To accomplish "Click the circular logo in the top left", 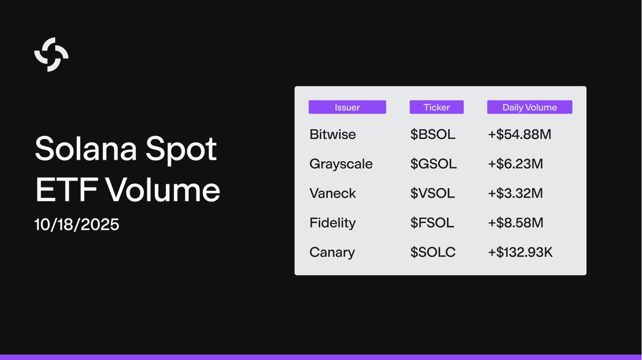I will coord(51,55).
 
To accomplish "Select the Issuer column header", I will coord(347,107).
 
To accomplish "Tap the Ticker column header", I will coord(436,107).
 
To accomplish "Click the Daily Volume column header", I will coord(530,107).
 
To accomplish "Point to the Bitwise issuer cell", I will coord(333,134).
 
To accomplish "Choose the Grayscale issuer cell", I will coord(341,164).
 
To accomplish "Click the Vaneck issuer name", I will coord(333,193).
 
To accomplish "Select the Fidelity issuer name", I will coord(333,223).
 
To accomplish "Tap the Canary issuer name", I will coord(332,252).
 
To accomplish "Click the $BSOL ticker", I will coord(433,134).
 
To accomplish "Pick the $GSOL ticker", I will coord(433,164).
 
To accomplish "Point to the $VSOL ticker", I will coord(433,193).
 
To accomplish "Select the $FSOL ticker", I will coord(432,223).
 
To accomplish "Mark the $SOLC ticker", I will coord(433,252).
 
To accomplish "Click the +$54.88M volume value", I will coord(519,134).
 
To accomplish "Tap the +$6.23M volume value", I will coord(515,164).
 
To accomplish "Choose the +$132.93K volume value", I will coord(520,252).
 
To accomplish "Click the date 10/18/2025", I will coord(77,224).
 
